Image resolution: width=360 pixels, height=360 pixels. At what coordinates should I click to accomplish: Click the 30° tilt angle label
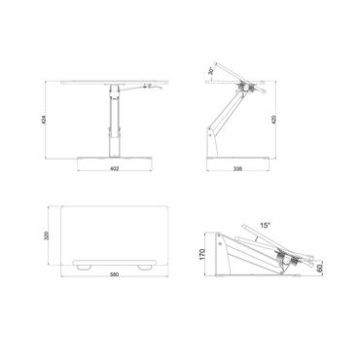(x=209, y=71)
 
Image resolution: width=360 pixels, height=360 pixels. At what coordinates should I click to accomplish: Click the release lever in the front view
(x=152, y=87)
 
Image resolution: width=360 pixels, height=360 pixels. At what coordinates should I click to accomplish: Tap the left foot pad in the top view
(x=86, y=264)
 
